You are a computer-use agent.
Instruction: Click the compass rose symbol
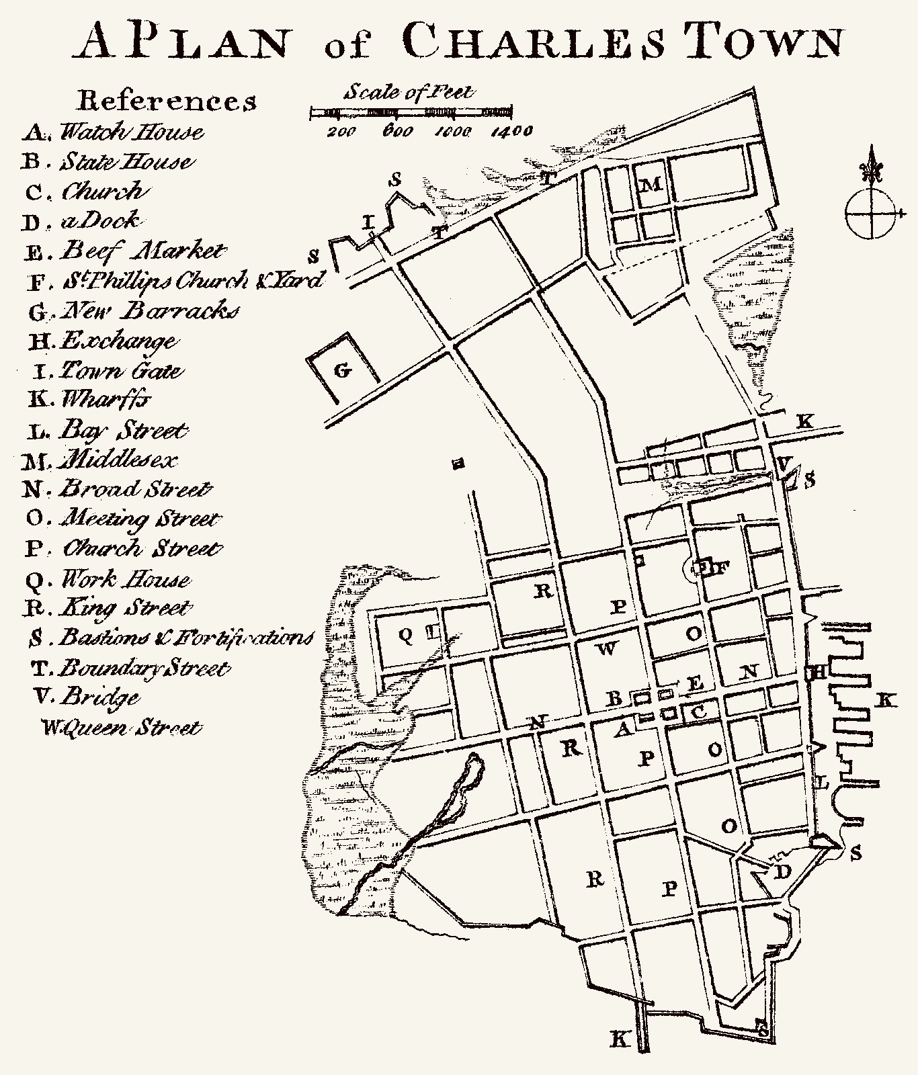(872, 214)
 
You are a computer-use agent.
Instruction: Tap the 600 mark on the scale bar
(397, 131)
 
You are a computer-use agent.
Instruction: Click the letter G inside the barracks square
(342, 370)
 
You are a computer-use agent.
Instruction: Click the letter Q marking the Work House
(406, 635)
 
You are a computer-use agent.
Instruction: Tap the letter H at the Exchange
(818, 672)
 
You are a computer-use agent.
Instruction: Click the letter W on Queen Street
(606, 648)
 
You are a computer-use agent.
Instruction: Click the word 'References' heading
(166, 101)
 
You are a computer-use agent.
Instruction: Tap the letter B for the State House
(614, 699)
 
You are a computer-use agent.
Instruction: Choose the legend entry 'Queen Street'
(121, 728)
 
